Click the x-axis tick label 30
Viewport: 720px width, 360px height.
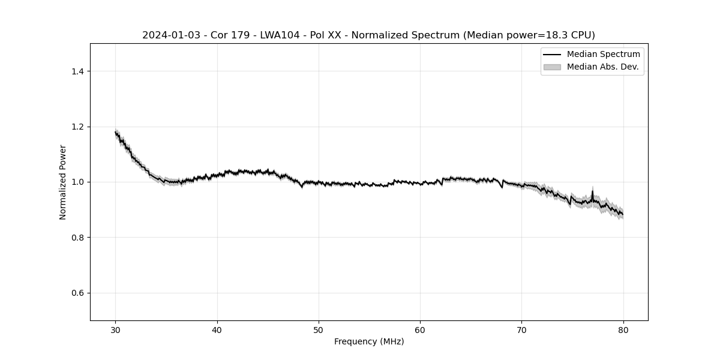tap(116, 329)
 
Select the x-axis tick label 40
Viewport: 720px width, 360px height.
tap(217, 329)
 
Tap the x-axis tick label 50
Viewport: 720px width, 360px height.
tap(319, 329)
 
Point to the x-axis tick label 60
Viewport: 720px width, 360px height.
tap(420, 329)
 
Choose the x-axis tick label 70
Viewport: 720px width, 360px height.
tap(521, 329)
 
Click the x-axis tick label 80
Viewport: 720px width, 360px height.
tap(623, 329)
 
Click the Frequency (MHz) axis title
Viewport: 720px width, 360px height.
tap(369, 341)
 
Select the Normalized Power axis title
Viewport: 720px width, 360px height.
tap(63, 182)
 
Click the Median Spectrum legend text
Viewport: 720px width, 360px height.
tap(603, 55)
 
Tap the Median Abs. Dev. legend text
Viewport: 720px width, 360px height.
tap(602, 67)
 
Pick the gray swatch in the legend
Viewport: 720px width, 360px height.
tap(552, 67)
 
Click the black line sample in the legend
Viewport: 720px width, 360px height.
tap(552, 55)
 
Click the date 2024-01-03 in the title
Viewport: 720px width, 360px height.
tap(171, 35)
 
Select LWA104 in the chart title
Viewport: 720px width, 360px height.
tap(280, 35)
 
